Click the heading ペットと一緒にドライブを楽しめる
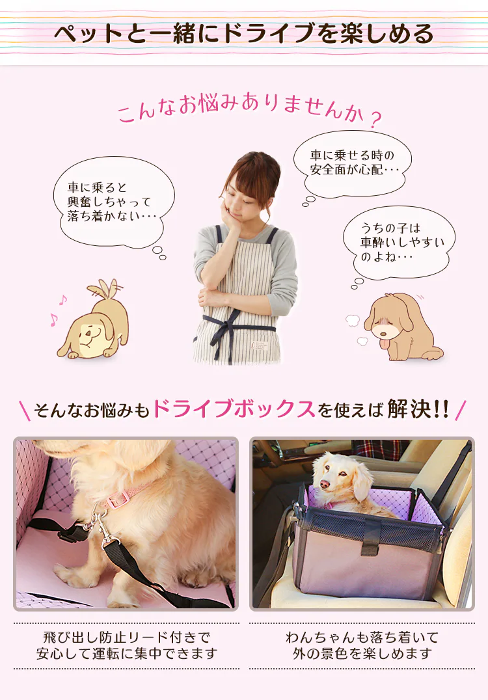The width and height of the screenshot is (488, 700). click(244, 34)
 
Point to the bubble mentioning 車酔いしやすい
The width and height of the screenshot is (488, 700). click(400, 243)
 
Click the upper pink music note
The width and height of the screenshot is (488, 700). click(63, 301)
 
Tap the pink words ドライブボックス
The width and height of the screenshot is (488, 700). click(234, 409)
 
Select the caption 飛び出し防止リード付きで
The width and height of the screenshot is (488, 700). click(126, 637)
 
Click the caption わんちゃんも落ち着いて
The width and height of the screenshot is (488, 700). click(362, 637)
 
